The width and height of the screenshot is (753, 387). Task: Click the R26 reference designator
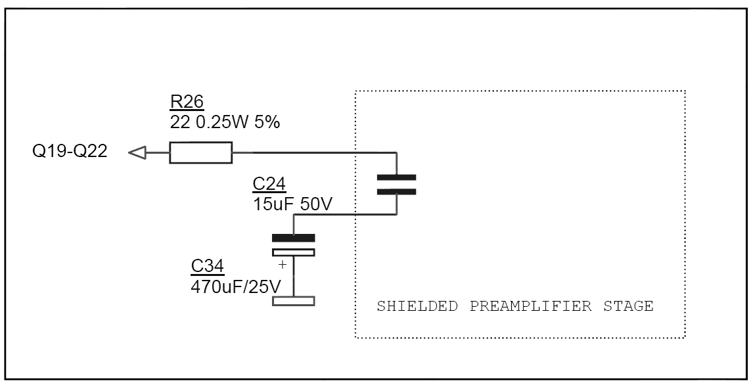pyautogui.click(x=187, y=102)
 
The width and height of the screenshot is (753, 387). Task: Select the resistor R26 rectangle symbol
pyautogui.click(x=200, y=153)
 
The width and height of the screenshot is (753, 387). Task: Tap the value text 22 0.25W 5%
pyautogui.click(x=225, y=122)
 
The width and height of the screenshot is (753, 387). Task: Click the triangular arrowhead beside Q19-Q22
pyautogui.click(x=137, y=153)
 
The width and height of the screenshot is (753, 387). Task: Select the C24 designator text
pyautogui.click(x=269, y=185)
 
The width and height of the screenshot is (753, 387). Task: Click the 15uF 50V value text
pyautogui.click(x=292, y=204)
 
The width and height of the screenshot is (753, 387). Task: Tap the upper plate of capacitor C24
pyautogui.click(x=397, y=177)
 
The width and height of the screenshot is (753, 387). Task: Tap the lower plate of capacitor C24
pyautogui.click(x=397, y=192)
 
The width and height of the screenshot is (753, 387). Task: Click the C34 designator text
pyautogui.click(x=208, y=267)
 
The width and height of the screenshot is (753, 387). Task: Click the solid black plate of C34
pyautogui.click(x=294, y=238)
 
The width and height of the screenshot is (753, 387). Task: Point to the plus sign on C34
pyautogui.click(x=282, y=265)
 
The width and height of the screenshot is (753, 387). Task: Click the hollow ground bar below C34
pyautogui.click(x=294, y=301)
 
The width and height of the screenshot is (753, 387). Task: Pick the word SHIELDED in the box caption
pyautogui.click(x=417, y=306)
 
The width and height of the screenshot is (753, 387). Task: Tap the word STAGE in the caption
pyautogui.click(x=628, y=306)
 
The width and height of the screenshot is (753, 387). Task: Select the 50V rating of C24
pyautogui.click(x=316, y=204)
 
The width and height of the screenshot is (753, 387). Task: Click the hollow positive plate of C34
pyautogui.click(x=294, y=252)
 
